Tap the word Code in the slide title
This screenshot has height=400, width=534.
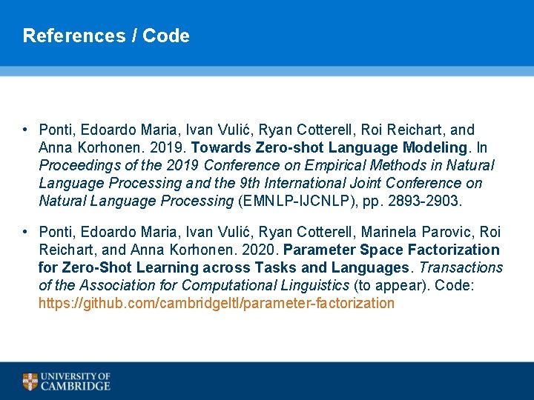(x=166, y=36)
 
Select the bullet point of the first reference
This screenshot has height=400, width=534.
(x=25, y=130)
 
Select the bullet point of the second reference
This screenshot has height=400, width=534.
(x=25, y=232)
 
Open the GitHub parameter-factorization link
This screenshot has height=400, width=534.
(x=217, y=303)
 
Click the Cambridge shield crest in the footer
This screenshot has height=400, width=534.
(x=30, y=381)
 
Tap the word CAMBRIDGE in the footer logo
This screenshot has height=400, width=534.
(x=76, y=386)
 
